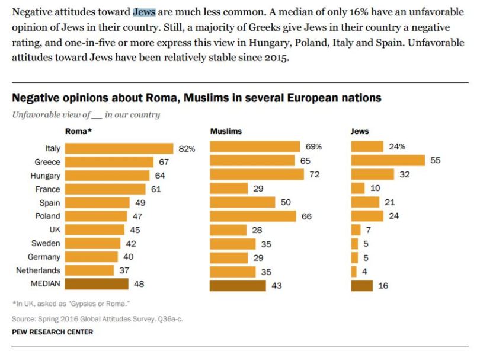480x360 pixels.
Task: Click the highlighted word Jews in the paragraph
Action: (145, 12)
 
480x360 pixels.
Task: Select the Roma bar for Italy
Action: (119, 148)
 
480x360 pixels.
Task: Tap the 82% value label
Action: (187, 148)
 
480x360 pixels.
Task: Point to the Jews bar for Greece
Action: (388, 160)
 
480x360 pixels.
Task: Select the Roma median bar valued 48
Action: (97, 284)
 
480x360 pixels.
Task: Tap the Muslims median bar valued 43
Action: (238, 286)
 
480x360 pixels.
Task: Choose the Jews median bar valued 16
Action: (362, 286)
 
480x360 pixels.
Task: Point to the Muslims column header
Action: (226, 131)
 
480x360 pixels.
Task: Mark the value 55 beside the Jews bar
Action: (436, 160)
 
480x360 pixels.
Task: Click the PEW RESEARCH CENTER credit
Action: (52, 332)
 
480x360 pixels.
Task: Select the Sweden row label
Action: (45, 243)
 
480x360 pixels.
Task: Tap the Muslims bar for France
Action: (229, 188)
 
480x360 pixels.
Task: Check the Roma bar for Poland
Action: (97, 216)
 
